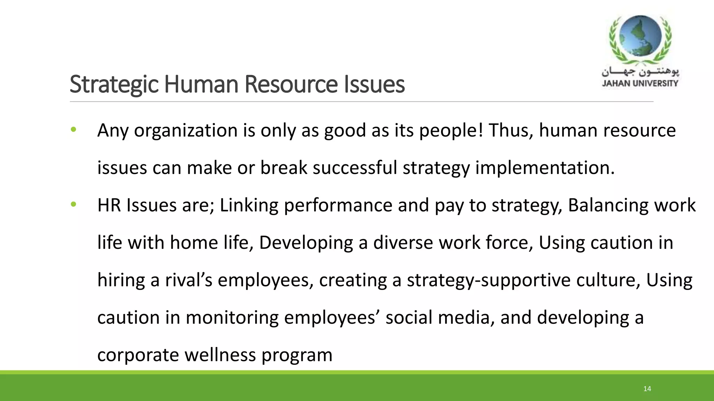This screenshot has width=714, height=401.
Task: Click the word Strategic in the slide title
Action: [114, 84]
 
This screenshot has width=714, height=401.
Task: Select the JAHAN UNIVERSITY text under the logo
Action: [640, 83]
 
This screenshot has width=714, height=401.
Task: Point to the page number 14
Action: [647, 389]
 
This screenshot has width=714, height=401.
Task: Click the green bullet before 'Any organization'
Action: [73, 130]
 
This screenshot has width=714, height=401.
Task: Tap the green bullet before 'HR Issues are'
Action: [73, 205]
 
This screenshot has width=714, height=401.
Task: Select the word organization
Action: [186, 131]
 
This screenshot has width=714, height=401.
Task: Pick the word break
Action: [284, 168]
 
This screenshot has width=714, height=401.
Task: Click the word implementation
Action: [545, 168]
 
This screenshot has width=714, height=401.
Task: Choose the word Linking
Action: [249, 205]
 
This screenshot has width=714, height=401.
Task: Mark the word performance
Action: [338, 205]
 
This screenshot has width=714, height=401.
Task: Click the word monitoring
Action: [232, 318]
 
